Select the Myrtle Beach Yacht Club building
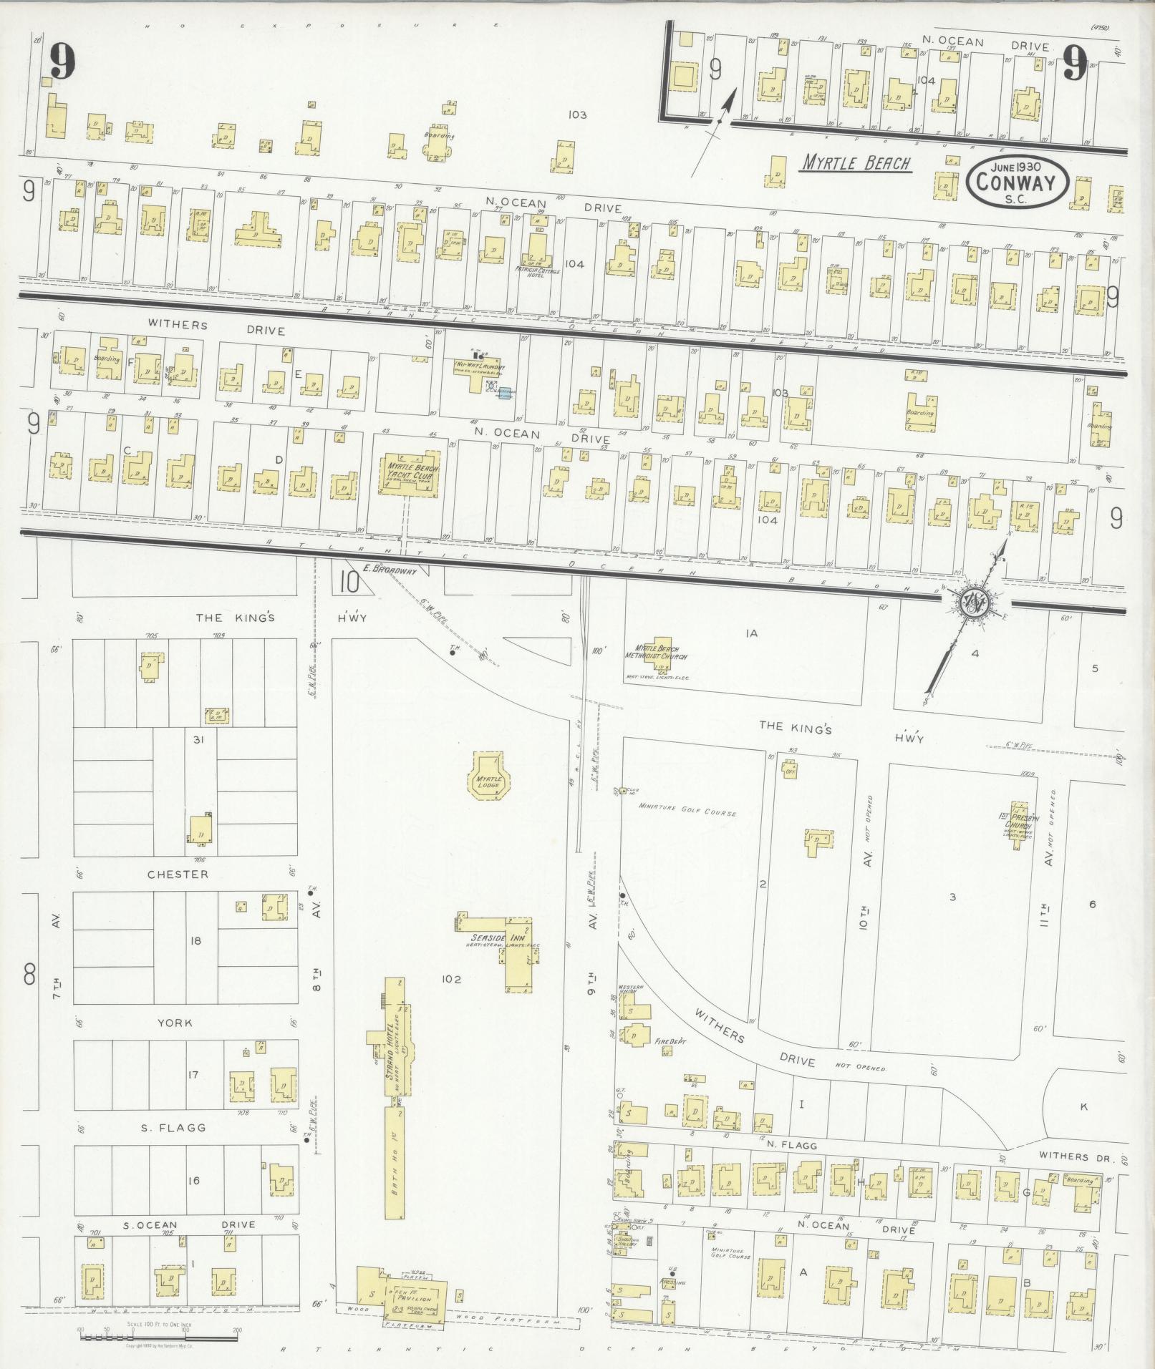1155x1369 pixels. point(410,474)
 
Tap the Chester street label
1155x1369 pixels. point(178,874)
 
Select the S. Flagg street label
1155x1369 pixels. point(173,1127)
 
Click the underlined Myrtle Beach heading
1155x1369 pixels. point(855,163)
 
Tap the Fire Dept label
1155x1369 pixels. point(672,1042)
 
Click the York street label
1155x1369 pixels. point(175,1023)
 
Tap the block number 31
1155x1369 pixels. point(198,740)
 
